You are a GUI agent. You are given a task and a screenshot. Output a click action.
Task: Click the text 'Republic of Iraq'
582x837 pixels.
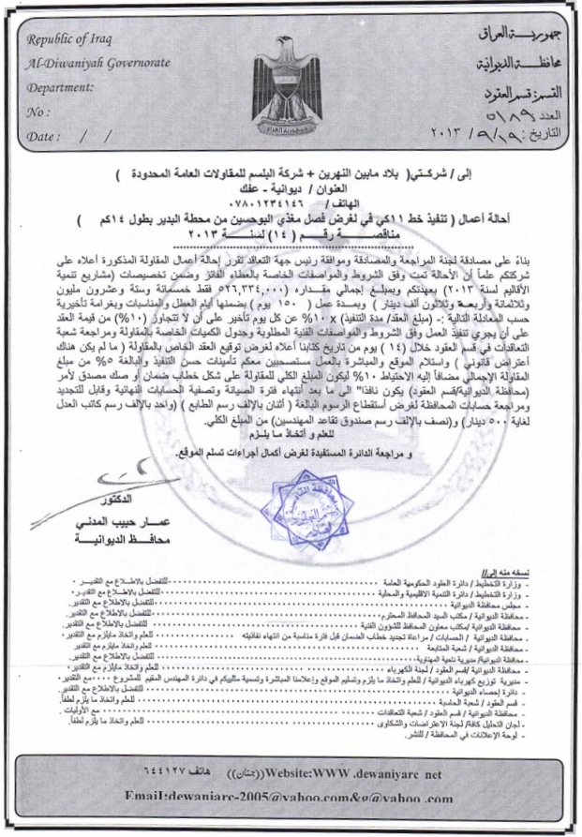[x=69, y=38]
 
